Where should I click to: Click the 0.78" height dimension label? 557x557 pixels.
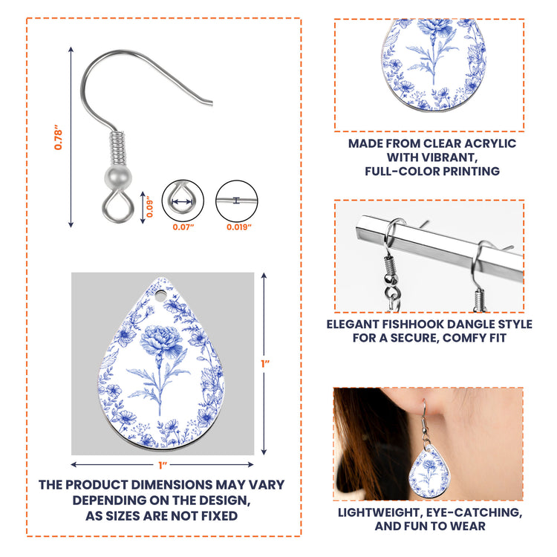[58, 137]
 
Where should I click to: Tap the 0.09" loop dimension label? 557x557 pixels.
[149, 206]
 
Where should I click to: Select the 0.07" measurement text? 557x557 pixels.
[183, 227]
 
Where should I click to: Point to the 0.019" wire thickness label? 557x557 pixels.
[239, 227]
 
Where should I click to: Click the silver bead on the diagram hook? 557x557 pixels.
[118, 177]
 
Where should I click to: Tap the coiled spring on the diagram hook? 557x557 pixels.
[117, 148]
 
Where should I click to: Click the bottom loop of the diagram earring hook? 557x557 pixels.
[118, 206]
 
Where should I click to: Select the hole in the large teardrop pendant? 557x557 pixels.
[160, 296]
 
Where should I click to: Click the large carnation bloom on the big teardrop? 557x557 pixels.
[160, 340]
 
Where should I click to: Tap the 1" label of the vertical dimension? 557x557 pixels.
[265, 364]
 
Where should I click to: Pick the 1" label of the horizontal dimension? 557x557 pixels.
[163, 465]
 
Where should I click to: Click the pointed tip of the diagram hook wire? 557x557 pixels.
[212, 103]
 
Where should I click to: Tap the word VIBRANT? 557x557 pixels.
[432, 157]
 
